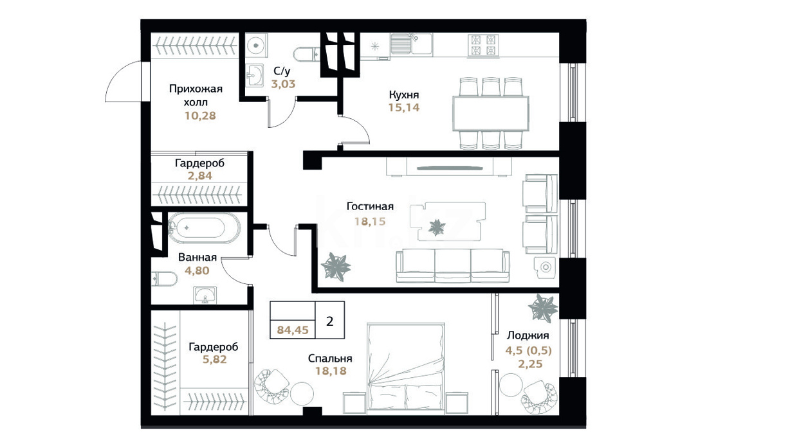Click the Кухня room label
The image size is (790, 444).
[404, 94]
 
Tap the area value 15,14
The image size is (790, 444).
[404, 107]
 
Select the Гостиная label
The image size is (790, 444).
[370, 206]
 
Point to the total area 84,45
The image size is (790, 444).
[293, 330]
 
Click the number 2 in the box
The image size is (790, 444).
[330, 321]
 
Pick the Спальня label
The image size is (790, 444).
[330, 359]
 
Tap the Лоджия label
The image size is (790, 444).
[528, 335]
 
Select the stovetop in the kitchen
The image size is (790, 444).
[483, 46]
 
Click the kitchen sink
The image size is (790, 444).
[411, 44]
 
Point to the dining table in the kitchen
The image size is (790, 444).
[491, 114]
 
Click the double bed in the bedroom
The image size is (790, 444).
[405, 366]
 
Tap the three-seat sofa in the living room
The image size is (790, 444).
[452, 266]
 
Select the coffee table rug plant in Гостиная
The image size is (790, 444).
[437, 227]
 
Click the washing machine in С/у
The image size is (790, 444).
[257, 46]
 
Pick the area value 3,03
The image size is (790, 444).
[283, 84]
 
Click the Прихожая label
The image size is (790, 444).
[196, 89]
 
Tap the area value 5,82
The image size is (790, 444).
[214, 359]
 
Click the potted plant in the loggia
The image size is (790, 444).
[543, 308]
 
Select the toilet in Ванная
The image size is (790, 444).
[164, 279]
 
